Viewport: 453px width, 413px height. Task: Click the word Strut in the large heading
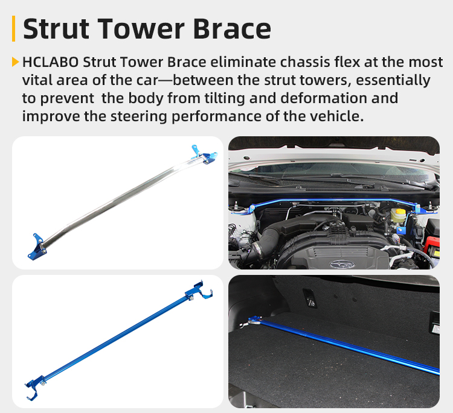[x=56, y=28]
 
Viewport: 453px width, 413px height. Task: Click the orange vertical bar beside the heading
[x=13, y=28]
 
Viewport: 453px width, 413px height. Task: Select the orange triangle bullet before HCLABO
[x=15, y=61]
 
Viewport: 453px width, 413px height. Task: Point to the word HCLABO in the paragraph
[x=51, y=62]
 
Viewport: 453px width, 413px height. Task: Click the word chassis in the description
[x=305, y=62]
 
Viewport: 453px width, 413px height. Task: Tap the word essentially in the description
[x=393, y=80]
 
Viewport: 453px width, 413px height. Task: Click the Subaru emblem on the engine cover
[x=342, y=264]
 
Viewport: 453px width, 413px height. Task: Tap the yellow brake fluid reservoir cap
[x=400, y=211]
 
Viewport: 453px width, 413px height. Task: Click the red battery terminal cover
[x=432, y=245]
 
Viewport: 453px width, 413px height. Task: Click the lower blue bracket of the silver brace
[x=37, y=247]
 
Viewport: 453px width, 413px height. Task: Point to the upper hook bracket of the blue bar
[x=199, y=291]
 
